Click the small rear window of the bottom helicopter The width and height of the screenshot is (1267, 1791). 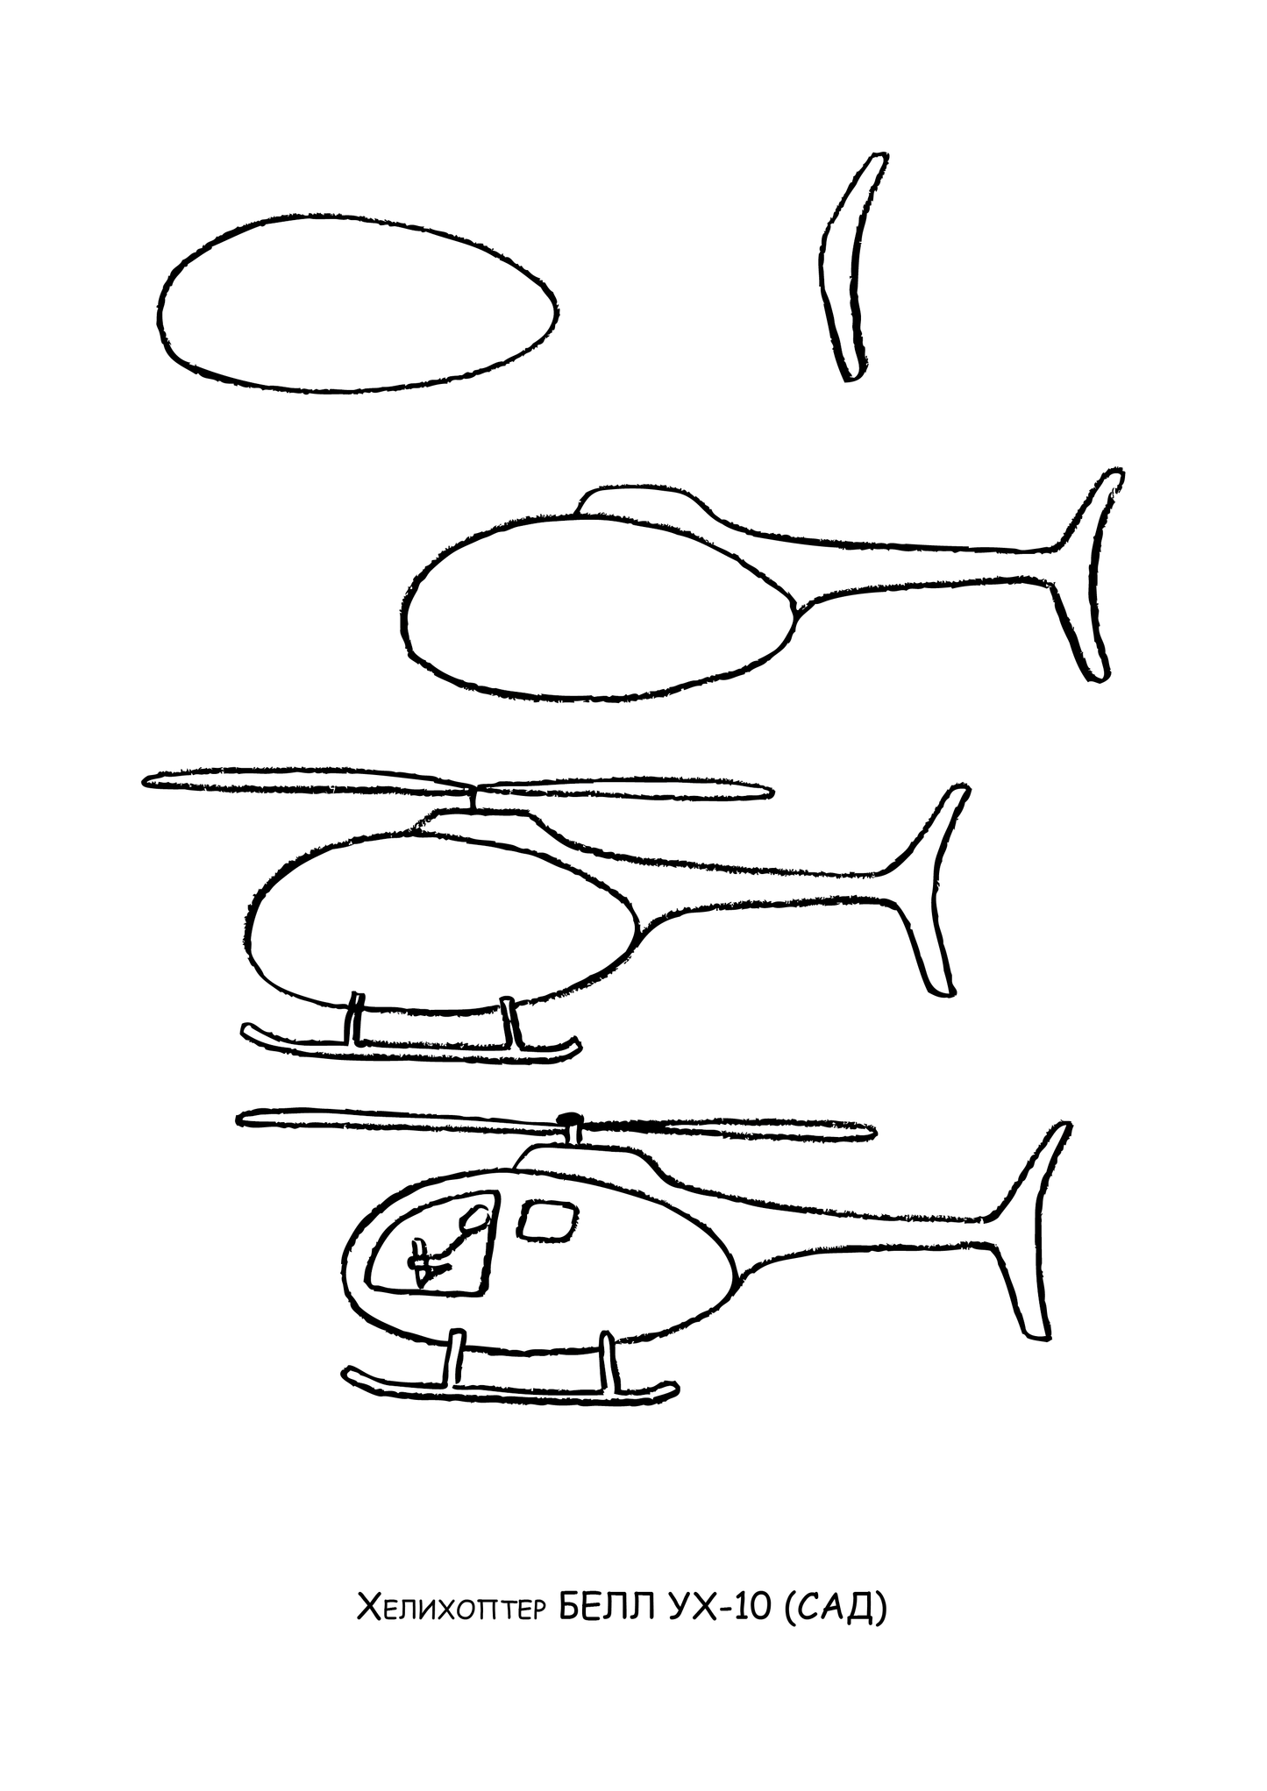pos(547,1220)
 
